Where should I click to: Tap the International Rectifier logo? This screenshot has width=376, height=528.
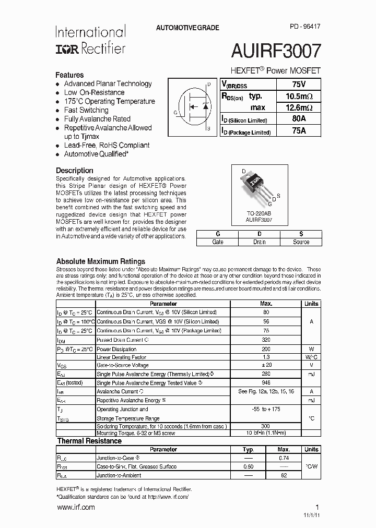(x=90, y=40)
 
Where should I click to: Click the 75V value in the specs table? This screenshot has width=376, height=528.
(x=299, y=85)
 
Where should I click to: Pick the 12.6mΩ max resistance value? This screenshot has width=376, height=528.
(x=299, y=107)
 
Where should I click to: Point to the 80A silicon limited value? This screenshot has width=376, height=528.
(x=299, y=119)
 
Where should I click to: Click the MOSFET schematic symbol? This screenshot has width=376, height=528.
(x=193, y=107)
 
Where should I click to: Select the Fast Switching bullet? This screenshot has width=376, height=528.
(x=86, y=110)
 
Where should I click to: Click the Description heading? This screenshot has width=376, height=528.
(x=75, y=171)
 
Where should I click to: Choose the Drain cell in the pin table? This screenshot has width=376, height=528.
(x=260, y=242)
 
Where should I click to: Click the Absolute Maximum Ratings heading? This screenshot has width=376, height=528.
(x=100, y=261)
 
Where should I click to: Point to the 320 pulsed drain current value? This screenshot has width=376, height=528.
(x=266, y=340)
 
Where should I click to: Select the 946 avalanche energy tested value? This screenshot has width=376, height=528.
(x=266, y=382)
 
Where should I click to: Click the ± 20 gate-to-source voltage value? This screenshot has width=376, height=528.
(x=266, y=365)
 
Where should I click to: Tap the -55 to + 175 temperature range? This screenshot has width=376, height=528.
(x=266, y=409)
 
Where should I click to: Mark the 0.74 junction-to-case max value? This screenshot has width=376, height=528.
(x=284, y=458)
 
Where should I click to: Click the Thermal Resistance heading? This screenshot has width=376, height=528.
(x=89, y=441)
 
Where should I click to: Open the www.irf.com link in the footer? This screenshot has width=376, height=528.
(x=75, y=507)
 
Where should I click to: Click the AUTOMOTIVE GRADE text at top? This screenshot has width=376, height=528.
(x=187, y=28)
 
